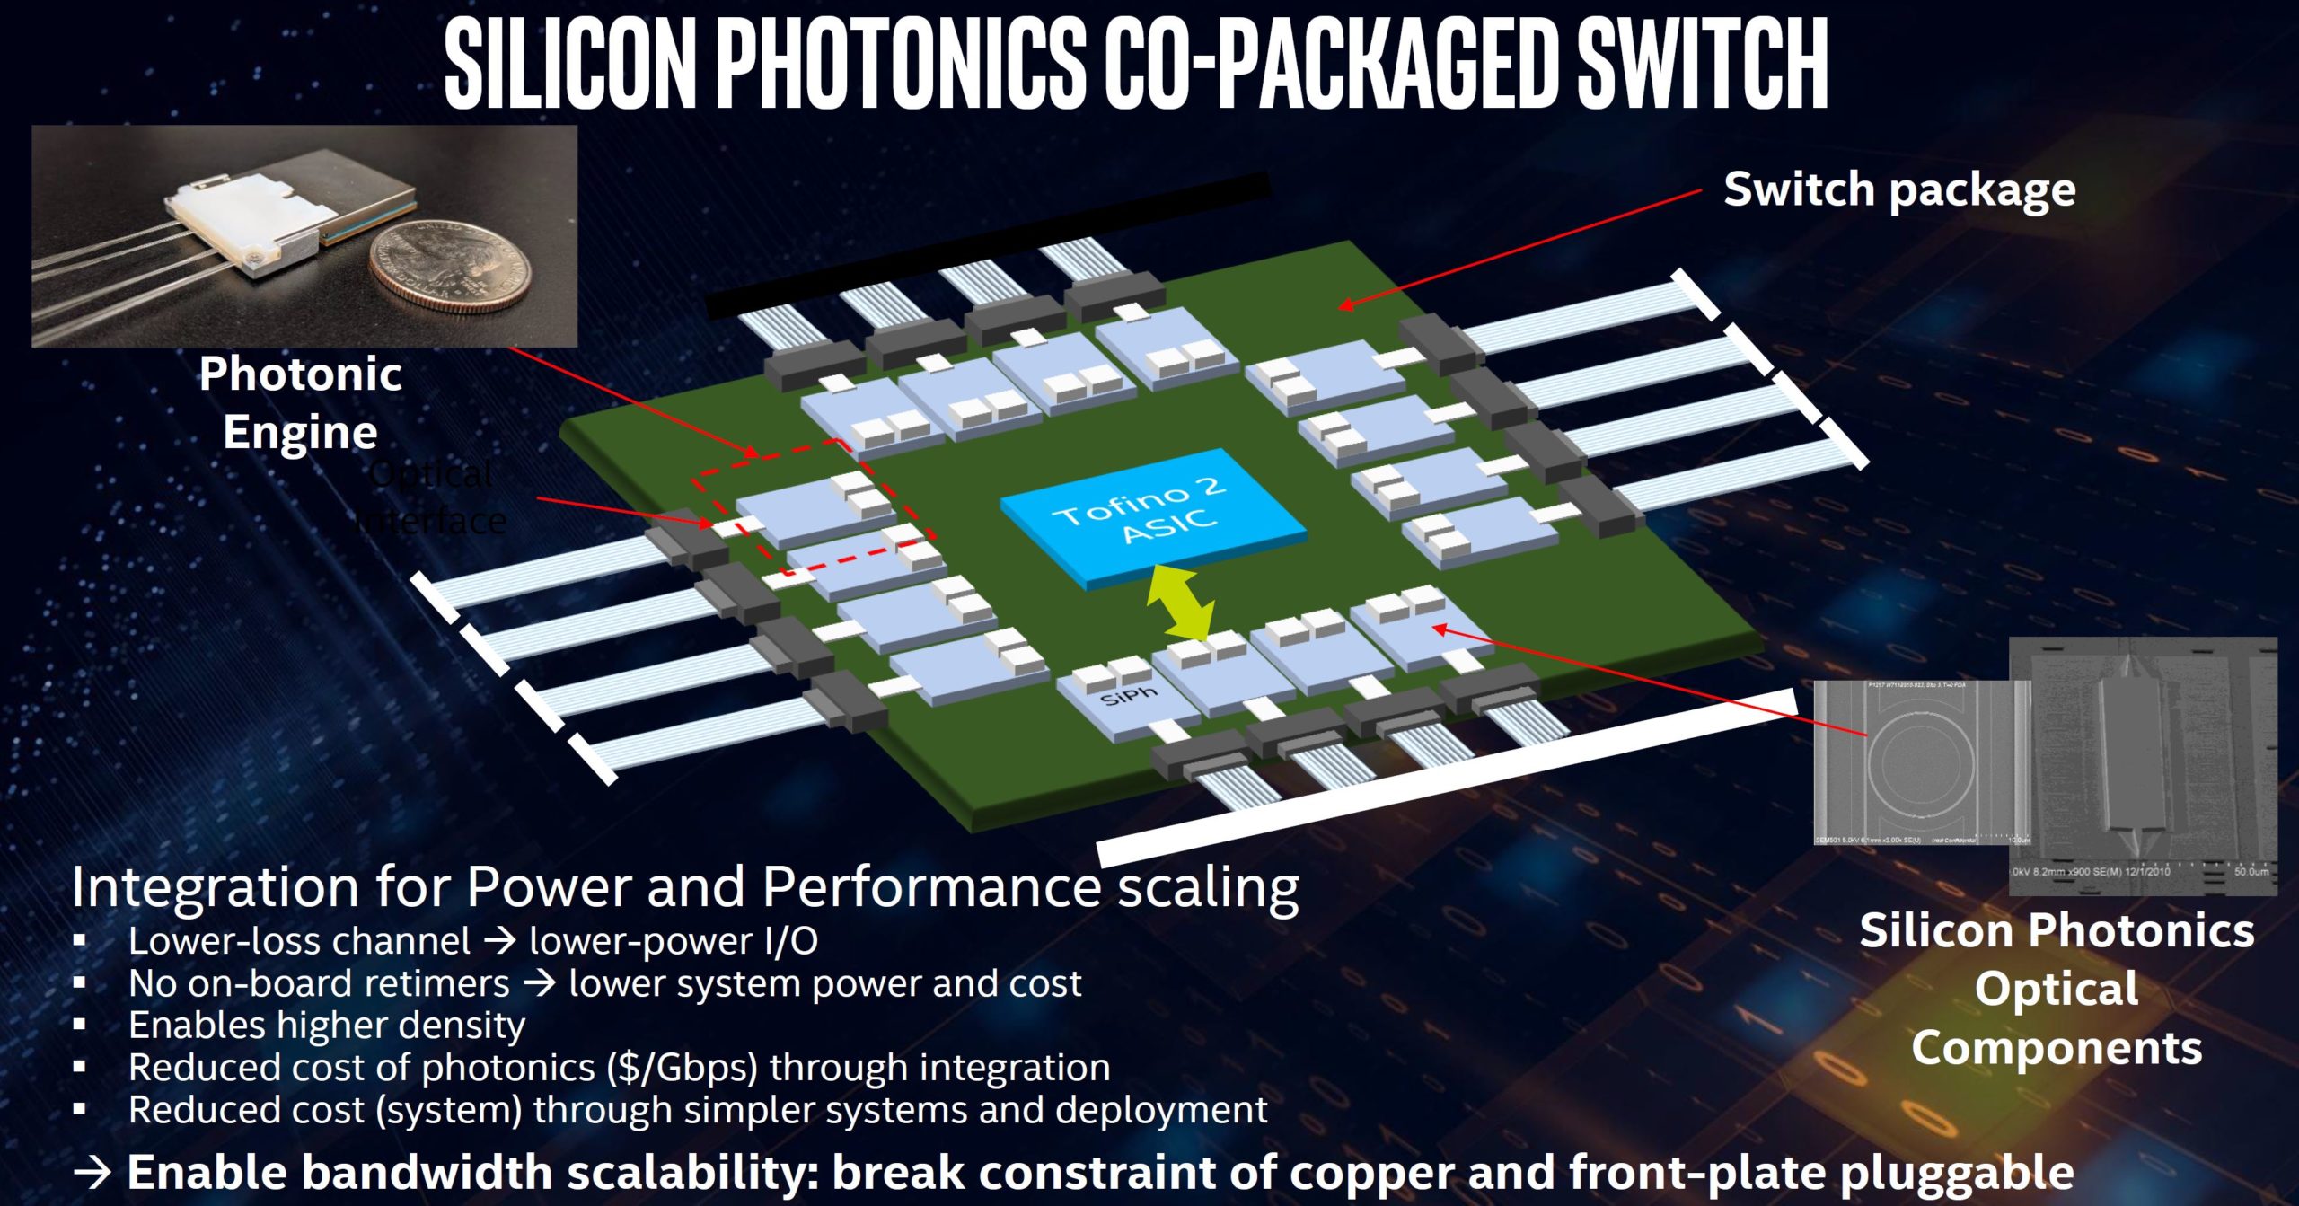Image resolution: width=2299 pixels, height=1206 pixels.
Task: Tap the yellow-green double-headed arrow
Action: click(1181, 604)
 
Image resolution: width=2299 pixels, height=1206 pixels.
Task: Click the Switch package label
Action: click(1898, 190)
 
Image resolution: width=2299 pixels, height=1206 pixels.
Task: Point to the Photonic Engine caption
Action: click(300, 402)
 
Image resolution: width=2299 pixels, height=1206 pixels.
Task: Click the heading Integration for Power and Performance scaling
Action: click(684, 887)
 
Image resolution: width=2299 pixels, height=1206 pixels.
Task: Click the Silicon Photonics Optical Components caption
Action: click(2057, 989)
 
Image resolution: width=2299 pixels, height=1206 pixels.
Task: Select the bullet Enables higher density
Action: click(326, 1026)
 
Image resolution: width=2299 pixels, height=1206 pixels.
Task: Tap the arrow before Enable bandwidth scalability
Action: click(92, 1172)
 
